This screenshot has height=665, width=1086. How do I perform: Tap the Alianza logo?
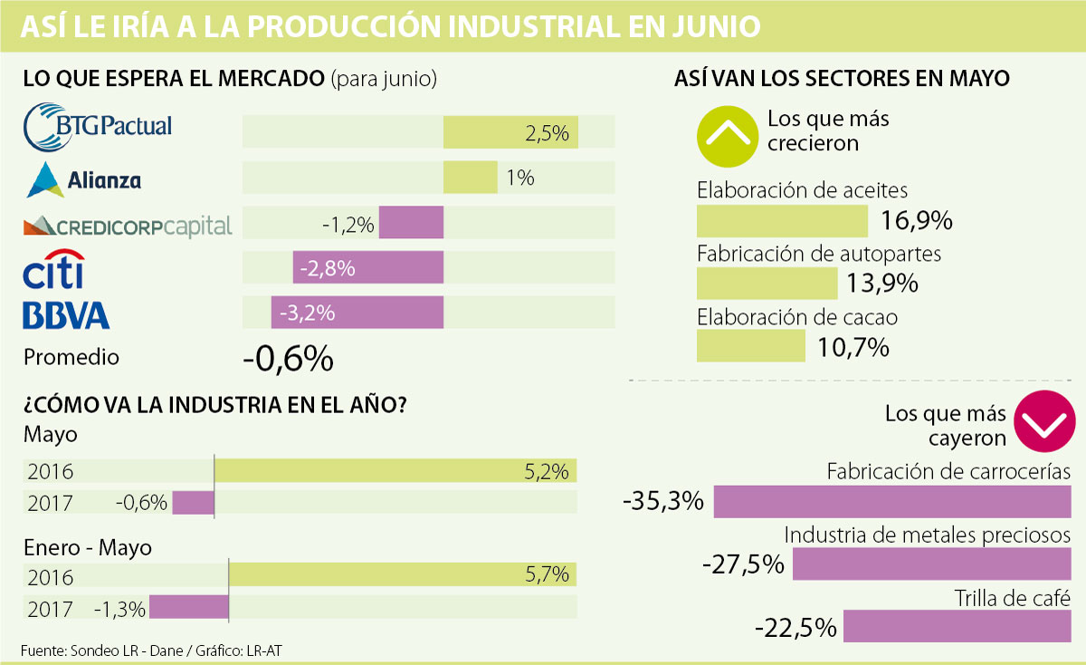[84, 179]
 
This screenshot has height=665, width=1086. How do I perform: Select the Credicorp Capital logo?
[128, 225]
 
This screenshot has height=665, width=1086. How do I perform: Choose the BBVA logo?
[66, 314]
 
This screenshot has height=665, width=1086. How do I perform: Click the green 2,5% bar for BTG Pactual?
[510, 133]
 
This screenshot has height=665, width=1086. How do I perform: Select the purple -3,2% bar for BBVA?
[357, 313]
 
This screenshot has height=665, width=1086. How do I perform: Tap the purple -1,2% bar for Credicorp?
[411, 223]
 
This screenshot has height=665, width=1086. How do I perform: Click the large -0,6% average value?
[288, 360]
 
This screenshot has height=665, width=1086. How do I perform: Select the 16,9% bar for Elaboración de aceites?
[782, 221]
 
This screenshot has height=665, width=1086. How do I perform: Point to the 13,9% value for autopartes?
[882, 284]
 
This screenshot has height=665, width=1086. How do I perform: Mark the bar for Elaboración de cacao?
[750, 346]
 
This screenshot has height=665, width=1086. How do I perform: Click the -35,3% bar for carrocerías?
[892, 501]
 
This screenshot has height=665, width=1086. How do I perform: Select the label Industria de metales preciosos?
[928, 535]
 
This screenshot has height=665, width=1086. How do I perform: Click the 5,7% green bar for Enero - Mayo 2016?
[402, 574]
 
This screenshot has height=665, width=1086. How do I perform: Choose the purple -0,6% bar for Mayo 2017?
[193, 502]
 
